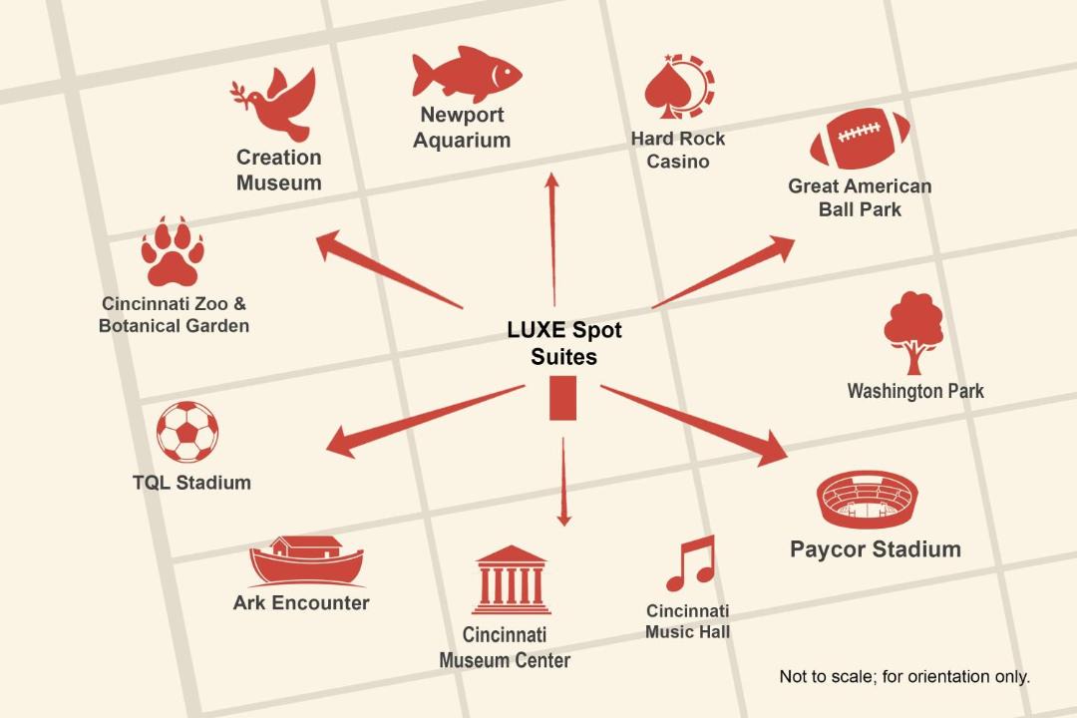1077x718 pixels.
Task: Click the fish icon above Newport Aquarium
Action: [x=467, y=74]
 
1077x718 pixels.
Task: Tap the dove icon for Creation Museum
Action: [x=273, y=103]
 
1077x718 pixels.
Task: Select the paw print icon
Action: [x=173, y=251]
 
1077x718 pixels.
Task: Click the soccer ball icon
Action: [x=186, y=432]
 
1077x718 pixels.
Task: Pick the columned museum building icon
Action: [x=511, y=580]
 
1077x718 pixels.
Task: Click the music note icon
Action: [x=691, y=563]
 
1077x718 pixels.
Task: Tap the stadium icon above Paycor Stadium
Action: [x=868, y=500]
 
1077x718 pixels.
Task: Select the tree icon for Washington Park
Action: [x=913, y=332]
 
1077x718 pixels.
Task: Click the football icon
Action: [x=860, y=139]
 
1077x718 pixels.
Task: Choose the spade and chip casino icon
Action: [x=679, y=87]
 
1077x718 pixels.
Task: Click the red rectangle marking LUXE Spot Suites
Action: [x=562, y=398]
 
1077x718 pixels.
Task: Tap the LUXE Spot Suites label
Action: [x=563, y=343]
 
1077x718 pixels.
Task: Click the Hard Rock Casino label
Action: [x=678, y=150]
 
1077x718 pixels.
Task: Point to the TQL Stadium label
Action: [x=191, y=483]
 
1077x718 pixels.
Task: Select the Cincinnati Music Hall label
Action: [x=687, y=621]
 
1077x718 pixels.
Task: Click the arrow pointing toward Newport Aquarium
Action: [x=552, y=239]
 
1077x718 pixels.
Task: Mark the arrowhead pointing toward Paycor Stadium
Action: [x=772, y=449]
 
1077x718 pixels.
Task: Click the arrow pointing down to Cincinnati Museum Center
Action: [x=563, y=482]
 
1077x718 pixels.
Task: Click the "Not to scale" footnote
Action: [x=904, y=677]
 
